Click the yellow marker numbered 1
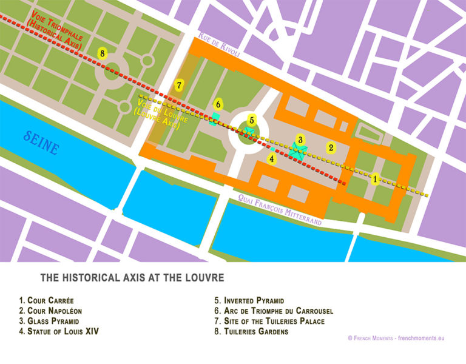(376, 179)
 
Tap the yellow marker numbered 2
(331, 147)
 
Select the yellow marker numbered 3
(300, 140)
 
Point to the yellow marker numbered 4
(273, 160)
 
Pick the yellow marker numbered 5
(252, 120)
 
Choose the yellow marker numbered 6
(218, 104)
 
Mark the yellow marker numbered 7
(178, 86)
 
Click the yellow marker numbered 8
(103, 54)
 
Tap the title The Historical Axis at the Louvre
(132, 278)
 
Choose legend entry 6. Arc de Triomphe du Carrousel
(274, 311)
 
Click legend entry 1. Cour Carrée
(49, 300)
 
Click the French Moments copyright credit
(396, 337)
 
